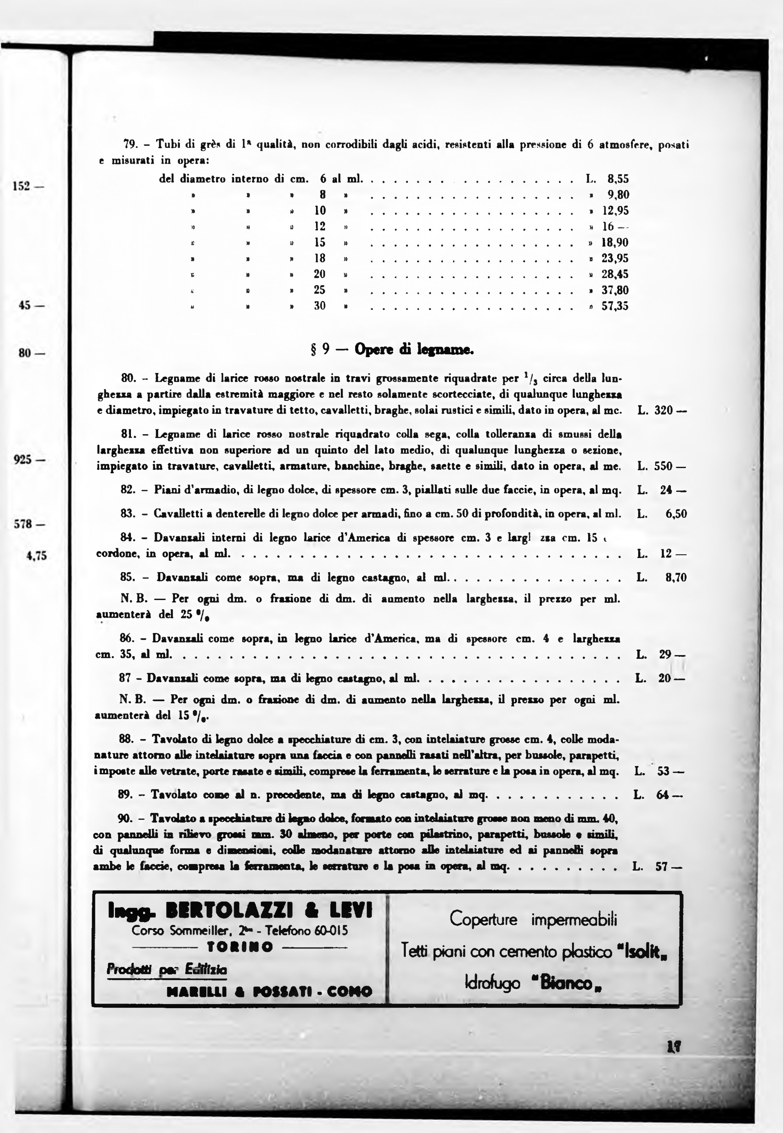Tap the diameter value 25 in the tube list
[319, 290]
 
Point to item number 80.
[128, 378]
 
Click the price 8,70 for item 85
[676, 577]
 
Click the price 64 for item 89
[663, 794]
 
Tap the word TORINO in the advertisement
[240, 946]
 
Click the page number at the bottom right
[675, 1060]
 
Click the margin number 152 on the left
[22, 187]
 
